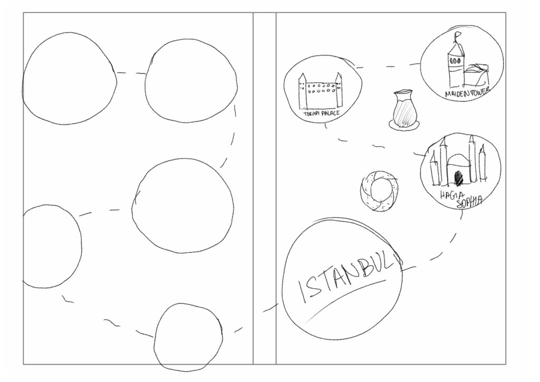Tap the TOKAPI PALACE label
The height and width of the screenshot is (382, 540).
(x=321, y=113)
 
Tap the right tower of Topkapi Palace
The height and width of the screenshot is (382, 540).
(x=339, y=90)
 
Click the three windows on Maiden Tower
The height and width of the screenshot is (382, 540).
(x=455, y=60)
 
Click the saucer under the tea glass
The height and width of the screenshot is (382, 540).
(x=404, y=124)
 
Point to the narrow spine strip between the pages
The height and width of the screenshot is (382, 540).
(x=265, y=188)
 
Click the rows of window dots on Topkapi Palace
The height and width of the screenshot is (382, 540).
(x=321, y=88)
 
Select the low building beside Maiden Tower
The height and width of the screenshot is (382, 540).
(x=476, y=76)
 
